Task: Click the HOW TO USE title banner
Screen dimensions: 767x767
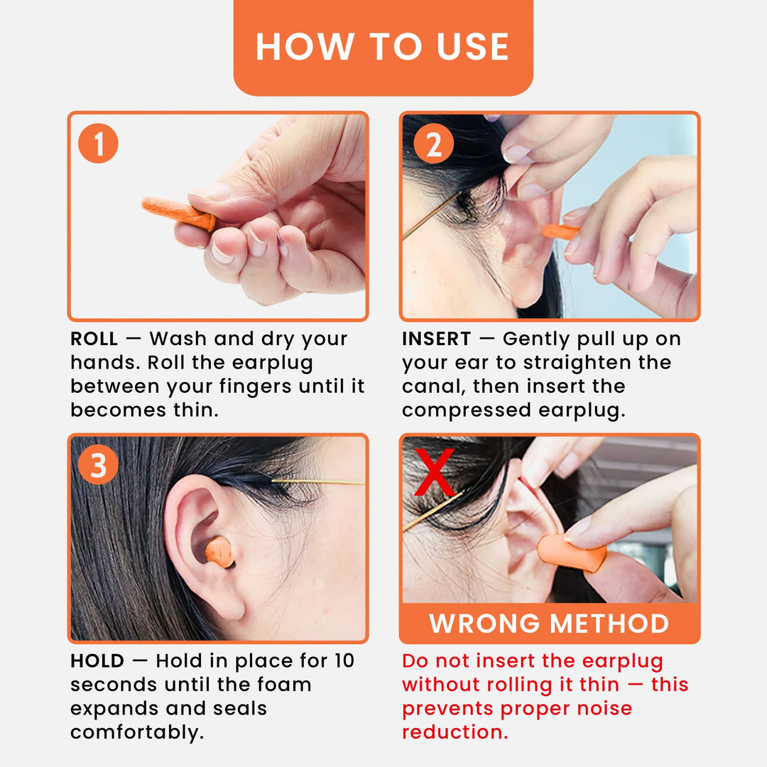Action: click(x=383, y=46)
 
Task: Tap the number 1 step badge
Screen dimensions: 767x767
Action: click(x=98, y=144)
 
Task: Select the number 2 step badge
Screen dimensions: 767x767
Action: click(x=433, y=144)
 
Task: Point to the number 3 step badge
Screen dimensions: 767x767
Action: click(x=98, y=465)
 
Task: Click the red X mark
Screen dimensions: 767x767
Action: click(x=435, y=473)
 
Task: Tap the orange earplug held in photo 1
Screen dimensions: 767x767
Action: click(x=178, y=213)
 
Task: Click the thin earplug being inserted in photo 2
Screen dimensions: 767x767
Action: click(x=560, y=232)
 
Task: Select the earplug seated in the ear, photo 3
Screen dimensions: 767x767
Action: click(x=220, y=551)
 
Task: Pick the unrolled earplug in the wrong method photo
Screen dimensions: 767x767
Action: click(x=571, y=553)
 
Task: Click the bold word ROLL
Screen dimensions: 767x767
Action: click(x=94, y=339)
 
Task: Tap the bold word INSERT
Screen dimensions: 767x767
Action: click(x=436, y=339)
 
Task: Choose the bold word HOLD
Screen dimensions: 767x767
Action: click(x=97, y=660)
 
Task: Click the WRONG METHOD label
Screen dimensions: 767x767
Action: click(x=549, y=624)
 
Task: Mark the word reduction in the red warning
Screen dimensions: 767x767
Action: click(x=455, y=732)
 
